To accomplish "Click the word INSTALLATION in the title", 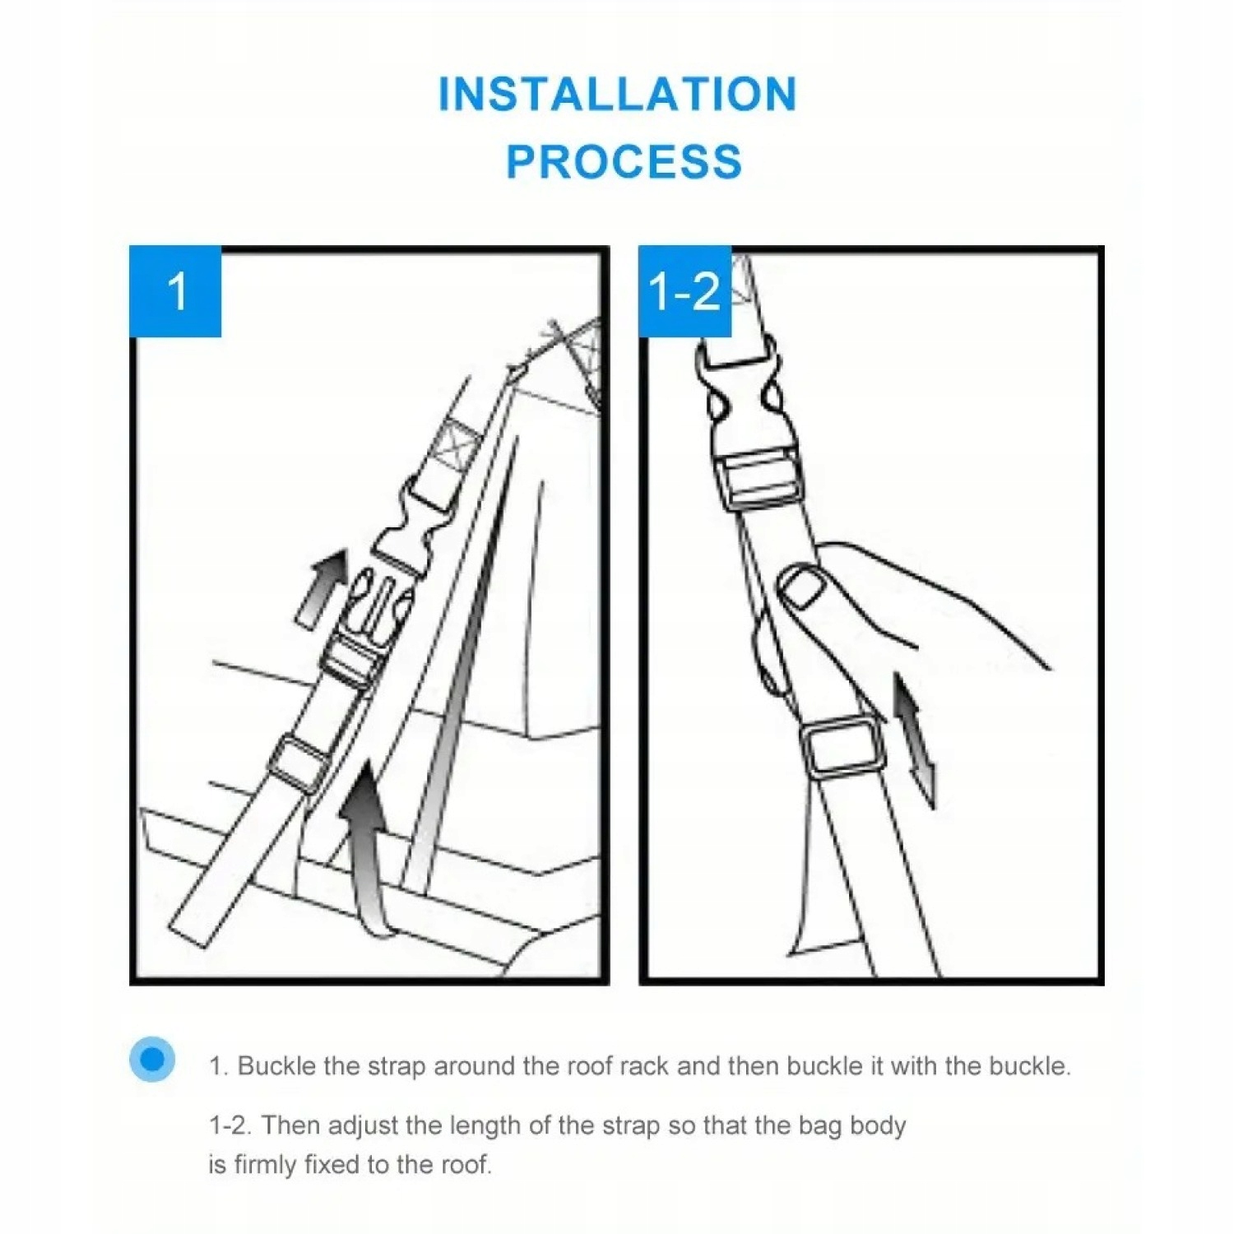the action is point(618,94).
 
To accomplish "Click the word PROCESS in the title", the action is point(624,161).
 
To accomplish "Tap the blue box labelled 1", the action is point(175,291).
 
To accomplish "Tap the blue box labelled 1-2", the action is point(684,291).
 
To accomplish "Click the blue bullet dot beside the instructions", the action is point(152,1059).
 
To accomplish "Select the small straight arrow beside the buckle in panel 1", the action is point(322,589).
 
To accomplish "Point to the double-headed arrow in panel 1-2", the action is point(914,740).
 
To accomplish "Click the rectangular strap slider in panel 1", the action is point(298,764).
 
